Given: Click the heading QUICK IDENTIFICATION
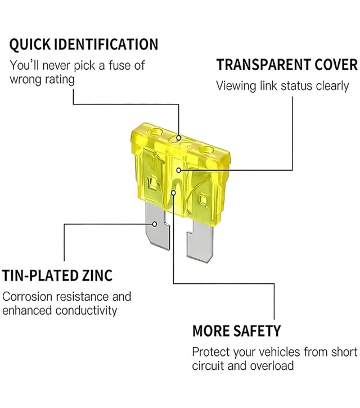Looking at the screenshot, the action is click(x=84, y=44).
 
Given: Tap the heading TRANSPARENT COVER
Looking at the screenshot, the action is click(x=287, y=65).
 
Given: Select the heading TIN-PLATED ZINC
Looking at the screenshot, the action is click(x=57, y=275).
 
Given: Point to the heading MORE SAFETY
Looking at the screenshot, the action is click(x=236, y=331).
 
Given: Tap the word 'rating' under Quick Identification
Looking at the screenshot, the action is click(x=60, y=80).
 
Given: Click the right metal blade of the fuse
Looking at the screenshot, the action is click(x=200, y=241).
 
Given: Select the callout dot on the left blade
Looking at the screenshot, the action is click(x=155, y=224).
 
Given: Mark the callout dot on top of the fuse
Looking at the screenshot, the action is click(x=179, y=138).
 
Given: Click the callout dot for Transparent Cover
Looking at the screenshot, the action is click(x=179, y=170).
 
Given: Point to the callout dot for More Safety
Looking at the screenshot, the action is click(x=173, y=192).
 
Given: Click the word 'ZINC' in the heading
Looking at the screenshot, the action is click(x=97, y=275).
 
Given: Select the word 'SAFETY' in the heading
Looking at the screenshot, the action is click(x=256, y=331).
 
